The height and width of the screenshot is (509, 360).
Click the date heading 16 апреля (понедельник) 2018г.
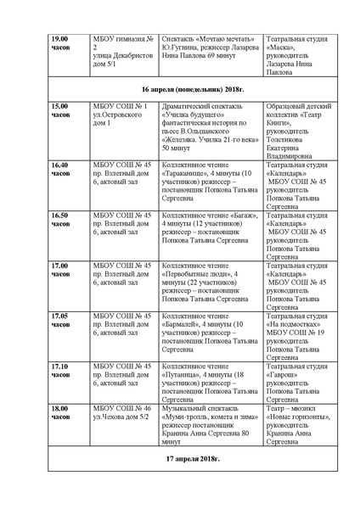pyautogui.click(x=180, y=87)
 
